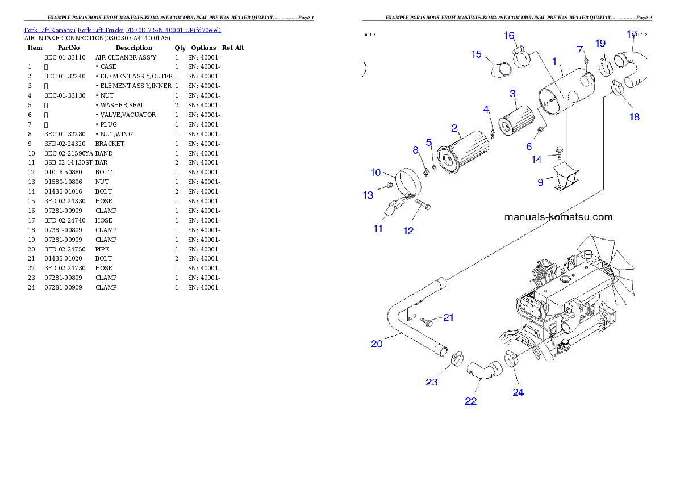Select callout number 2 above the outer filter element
454,128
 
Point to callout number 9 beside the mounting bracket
540,182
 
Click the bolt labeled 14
558,150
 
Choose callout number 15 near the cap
476,54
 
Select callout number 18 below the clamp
634,117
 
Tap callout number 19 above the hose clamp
600,43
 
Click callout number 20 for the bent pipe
377,343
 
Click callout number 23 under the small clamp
432,382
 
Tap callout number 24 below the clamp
518,392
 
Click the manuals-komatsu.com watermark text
558,217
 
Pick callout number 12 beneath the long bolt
408,231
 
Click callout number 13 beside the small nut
368,195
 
